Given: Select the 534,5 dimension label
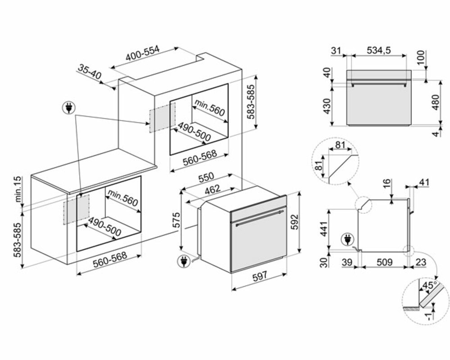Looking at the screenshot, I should point(377,51).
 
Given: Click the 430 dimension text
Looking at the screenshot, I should point(327,106).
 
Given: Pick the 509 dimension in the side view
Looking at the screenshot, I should point(383,262).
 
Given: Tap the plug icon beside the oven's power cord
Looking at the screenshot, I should point(183,260).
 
